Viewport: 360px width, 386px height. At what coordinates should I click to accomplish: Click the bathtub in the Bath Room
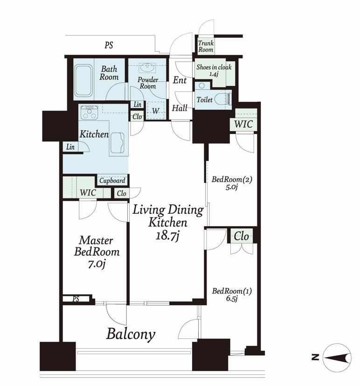83,80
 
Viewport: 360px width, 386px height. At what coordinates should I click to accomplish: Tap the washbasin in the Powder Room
147,68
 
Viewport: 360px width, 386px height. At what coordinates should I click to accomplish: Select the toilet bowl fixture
223,99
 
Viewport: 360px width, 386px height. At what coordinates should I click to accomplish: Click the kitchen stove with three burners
89,112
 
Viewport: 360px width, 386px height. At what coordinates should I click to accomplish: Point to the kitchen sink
118,143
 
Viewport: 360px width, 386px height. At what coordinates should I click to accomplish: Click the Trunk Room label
206,46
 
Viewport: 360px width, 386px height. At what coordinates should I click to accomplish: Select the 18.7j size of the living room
167,236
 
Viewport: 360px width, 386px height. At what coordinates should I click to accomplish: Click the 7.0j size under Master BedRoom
97,264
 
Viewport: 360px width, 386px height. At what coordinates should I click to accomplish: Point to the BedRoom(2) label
232,179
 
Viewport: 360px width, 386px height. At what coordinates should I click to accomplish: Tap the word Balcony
131,335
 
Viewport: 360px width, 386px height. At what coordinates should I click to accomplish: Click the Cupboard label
112,181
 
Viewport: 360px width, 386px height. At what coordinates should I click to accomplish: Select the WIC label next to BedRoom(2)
243,124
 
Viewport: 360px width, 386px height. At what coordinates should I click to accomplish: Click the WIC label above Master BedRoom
88,192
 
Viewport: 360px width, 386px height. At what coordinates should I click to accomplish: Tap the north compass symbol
337,358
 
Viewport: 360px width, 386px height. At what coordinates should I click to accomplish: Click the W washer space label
155,111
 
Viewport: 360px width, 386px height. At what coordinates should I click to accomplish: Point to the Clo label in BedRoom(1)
241,236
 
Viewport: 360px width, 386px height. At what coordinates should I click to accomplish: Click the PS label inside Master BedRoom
76,299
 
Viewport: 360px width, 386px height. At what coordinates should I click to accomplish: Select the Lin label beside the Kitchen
70,147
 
